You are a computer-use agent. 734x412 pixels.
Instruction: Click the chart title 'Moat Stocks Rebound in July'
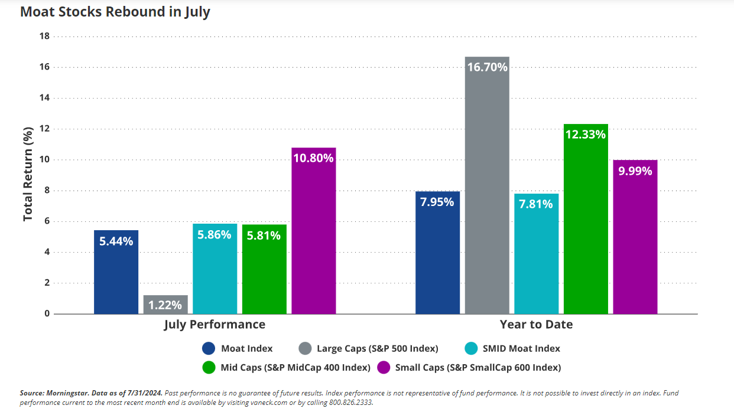115,12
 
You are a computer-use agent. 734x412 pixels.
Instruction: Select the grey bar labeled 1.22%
165,305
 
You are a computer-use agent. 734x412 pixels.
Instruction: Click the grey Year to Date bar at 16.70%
487,189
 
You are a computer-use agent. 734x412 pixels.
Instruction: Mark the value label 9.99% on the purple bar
635,171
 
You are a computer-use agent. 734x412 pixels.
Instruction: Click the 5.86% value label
215,234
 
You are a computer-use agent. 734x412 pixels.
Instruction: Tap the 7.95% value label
437,202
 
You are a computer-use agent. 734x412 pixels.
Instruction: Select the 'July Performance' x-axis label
215,325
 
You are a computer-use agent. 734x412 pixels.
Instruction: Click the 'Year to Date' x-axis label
536,325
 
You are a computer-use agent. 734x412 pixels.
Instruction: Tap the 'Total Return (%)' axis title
28,175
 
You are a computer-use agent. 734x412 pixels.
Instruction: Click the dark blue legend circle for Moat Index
208,348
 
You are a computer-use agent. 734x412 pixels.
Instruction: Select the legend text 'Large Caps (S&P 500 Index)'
378,348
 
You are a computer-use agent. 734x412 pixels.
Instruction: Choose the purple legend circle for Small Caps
384,367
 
